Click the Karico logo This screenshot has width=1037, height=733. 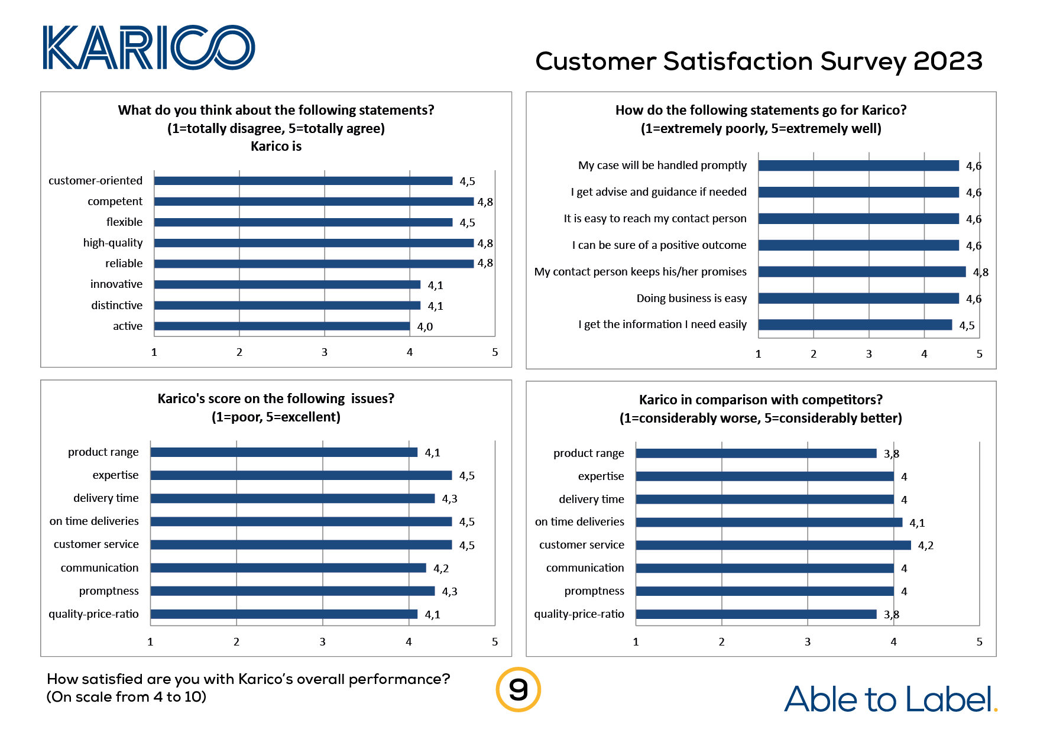click(148, 47)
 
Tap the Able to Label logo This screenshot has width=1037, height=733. click(890, 699)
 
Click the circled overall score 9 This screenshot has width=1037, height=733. click(518, 689)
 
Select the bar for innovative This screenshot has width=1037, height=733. click(287, 285)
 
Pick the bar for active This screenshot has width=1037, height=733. click(282, 326)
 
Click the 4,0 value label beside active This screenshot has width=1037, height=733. click(424, 327)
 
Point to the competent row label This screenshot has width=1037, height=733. click(115, 202)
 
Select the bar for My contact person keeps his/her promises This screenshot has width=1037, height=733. click(861, 272)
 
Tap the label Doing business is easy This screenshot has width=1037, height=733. click(691, 299)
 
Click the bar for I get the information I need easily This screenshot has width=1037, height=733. click(855, 325)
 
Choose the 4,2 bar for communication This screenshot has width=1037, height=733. click(288, 568)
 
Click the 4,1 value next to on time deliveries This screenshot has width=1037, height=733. click(917, 523)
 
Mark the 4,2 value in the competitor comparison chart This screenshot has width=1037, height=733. click(925, 546)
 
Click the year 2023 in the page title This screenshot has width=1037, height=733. click(948, 61)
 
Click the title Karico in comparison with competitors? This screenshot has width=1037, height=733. click(760, 400)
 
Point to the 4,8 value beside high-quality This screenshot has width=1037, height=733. click(485, 244)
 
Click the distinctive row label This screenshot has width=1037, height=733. click(116, 306)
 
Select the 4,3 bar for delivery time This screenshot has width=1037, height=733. click(292, 499)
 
